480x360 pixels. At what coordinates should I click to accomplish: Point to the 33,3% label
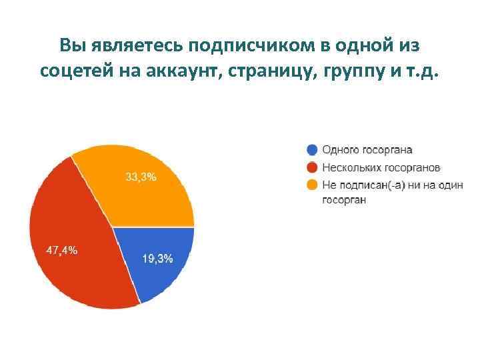tap(141, 177)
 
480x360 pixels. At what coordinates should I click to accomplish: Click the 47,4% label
tap(61, 251)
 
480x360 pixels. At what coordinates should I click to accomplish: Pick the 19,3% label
tap(159, 258)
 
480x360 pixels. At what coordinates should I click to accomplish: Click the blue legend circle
tap(312, 150)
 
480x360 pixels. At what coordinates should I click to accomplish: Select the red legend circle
tap(312, 167)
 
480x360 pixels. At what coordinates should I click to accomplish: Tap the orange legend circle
tap(312, 184)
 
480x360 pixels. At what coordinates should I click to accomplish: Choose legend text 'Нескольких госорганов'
tap(381, 167)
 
